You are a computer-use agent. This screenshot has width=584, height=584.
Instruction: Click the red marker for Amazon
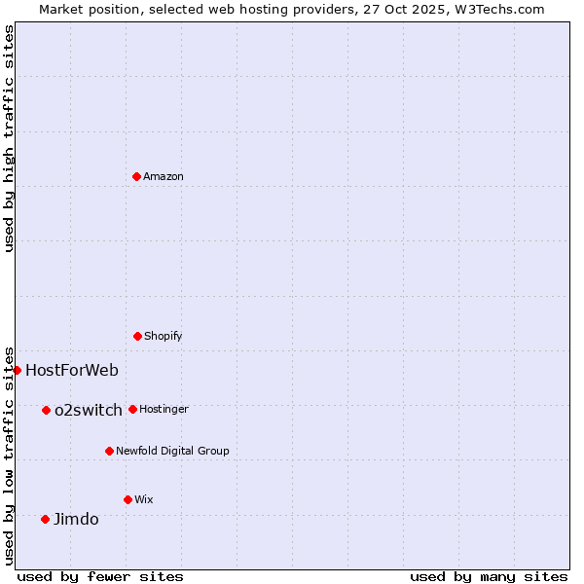tap(136, 176)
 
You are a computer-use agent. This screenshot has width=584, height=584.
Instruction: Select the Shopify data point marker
tap(137, 336)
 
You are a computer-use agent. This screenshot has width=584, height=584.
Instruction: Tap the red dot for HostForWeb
tap(17, 370)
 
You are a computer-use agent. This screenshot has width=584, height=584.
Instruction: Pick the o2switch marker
tap(46, 410)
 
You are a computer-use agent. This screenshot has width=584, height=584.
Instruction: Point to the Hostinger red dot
tap(132, 409)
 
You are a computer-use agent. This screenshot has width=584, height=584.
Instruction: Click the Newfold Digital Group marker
tap(109, 451)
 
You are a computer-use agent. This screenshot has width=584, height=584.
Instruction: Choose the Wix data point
tap(128, 499)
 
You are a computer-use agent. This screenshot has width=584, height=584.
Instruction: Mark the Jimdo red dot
tap(45, 519)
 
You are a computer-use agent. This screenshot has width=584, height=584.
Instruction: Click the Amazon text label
tap(164, 176)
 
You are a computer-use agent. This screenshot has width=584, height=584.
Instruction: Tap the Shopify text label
tap(164, 336)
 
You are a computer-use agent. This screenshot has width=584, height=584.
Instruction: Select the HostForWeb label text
tap(72, 370)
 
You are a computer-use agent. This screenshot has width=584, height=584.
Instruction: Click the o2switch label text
tap(89, 410)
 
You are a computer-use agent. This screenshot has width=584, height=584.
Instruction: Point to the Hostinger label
tap(164, 409)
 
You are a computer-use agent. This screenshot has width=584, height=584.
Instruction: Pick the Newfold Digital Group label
tap(172, 451)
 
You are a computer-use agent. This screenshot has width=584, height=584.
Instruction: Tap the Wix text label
tap(144, 499)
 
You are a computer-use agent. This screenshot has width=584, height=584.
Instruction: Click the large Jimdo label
tap(76, 519)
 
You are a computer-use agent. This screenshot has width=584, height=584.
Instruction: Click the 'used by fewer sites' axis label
tap(100, 576)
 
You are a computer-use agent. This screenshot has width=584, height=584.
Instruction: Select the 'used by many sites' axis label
tap(489, 576)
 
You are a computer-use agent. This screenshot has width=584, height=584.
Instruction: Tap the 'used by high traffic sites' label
tap(9, 138)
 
